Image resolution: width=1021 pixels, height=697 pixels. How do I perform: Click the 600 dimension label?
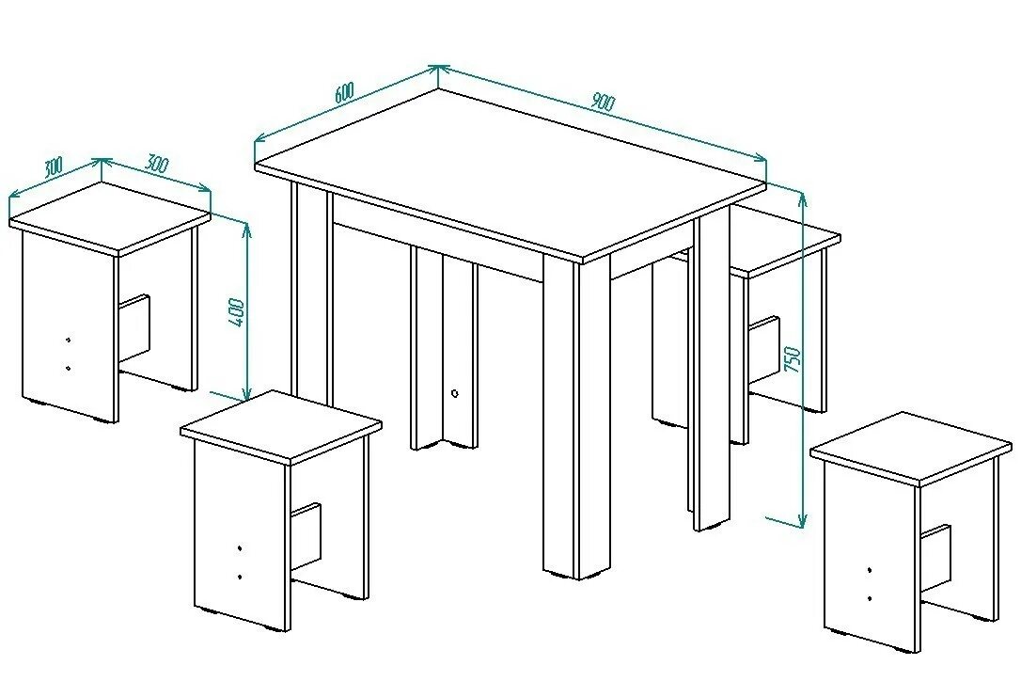(343, 94)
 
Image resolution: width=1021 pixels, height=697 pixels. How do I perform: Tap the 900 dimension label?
(602, 103)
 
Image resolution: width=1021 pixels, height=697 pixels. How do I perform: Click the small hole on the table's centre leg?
(455, 394)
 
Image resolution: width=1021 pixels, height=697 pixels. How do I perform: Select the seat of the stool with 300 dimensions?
(109, 217)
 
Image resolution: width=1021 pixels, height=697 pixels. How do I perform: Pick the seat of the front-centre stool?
(280, 429)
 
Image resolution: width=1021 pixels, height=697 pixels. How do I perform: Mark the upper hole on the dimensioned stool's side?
(68, 338)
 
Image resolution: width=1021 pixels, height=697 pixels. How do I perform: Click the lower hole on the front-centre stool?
(241, 576)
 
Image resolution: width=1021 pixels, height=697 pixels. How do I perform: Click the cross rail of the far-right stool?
(937, 561)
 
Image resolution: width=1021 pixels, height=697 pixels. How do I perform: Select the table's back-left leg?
(311, 292)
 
